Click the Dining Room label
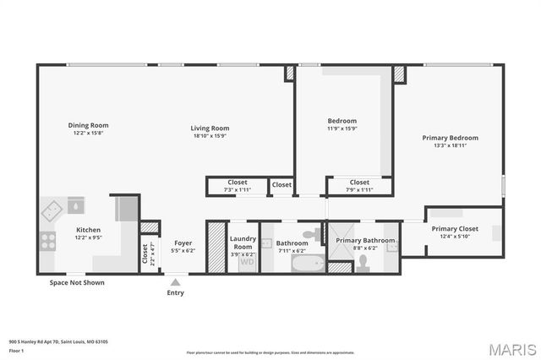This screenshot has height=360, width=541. [x=89, y=125]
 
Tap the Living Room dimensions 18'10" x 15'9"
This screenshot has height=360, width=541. [x=210, y=135]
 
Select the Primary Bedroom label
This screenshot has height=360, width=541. [x=450, y=138]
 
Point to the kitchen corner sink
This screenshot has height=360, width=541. [x=55, y=208]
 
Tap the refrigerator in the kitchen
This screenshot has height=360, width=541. [x=126, y=207]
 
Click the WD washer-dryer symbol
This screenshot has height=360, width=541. [x=247, y=262]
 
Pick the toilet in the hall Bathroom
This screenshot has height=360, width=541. [x=312, y=232]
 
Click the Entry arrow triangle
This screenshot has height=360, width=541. [x=175, y=282]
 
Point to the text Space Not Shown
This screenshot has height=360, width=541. [x=77, y=282]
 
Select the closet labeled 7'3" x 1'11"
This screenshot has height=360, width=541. [x=237, y=186]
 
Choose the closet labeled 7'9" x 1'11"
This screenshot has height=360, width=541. [x=359, y=186]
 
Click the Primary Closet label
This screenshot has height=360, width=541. [x=455, y=229]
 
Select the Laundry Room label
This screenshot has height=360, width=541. [x=243, y=243]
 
